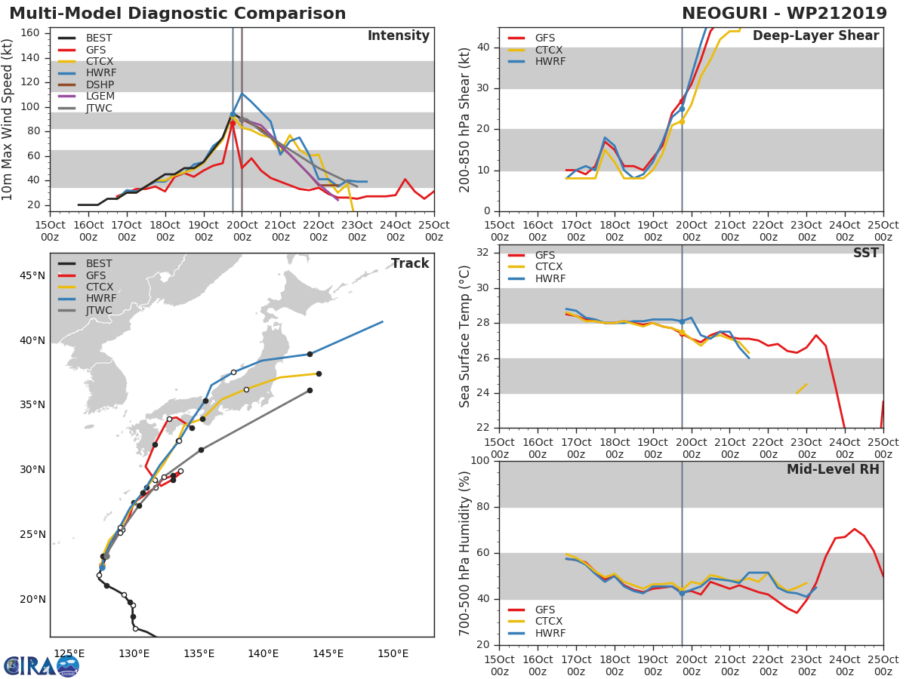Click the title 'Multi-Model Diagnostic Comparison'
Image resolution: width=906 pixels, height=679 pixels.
177,14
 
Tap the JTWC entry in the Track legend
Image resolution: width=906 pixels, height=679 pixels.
99,311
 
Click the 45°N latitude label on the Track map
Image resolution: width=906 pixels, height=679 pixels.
31,275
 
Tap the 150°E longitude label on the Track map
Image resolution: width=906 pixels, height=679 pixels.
393,653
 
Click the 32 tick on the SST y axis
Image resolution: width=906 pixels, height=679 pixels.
484,253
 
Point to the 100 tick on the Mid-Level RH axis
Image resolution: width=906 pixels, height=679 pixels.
479,461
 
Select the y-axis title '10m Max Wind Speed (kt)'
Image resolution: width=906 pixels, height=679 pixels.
8,121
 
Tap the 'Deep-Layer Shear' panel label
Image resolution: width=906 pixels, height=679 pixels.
815,36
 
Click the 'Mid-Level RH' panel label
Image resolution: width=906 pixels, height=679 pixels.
833,469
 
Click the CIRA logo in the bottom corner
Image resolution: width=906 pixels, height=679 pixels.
42,665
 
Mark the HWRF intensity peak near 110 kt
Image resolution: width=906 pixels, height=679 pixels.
242,93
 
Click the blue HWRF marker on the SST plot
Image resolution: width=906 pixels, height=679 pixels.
682,321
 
